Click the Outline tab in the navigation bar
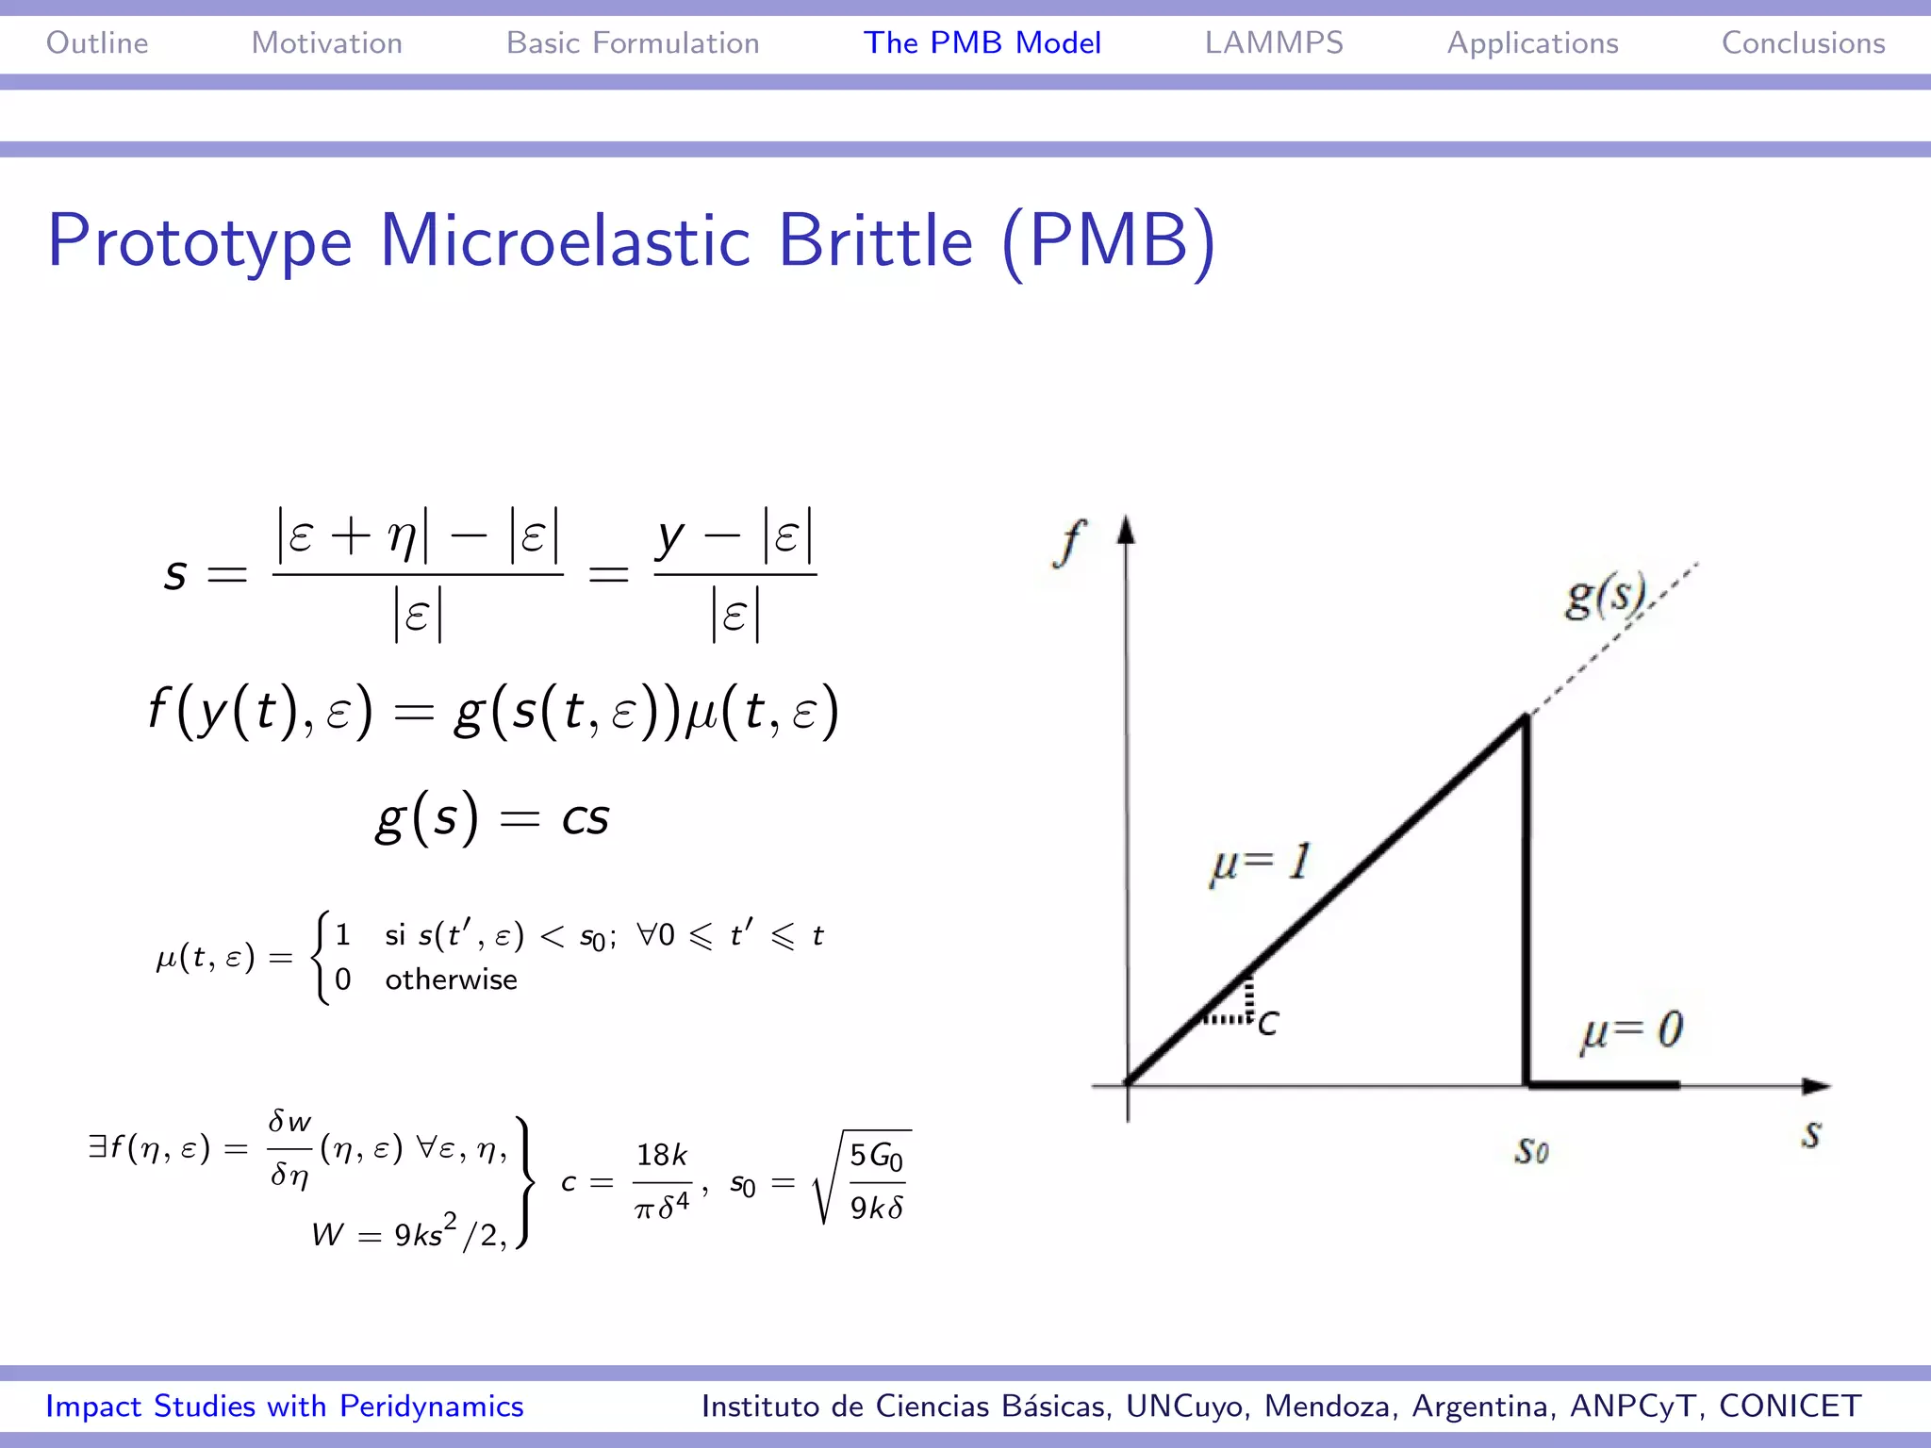tap(97, 43)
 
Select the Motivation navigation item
tap(326, 43)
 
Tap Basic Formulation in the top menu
tap(633, 43)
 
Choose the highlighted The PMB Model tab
tap(982, 43)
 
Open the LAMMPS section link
tap(1274, 43)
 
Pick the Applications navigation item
tap(1532, 43)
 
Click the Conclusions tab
tap(1803, 43)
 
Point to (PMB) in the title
tap(1109, 241)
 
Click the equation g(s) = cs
tap(492, 817)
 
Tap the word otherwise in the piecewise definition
tap(451, 980)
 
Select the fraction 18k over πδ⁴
tap(663, 1182)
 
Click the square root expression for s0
tap(863, 1178)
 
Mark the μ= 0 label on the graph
tap(1632, 1031)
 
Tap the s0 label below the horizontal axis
tap(1531, 1150)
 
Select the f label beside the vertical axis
tap(1069, 543)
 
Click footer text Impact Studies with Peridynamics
tap(285, 1407)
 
